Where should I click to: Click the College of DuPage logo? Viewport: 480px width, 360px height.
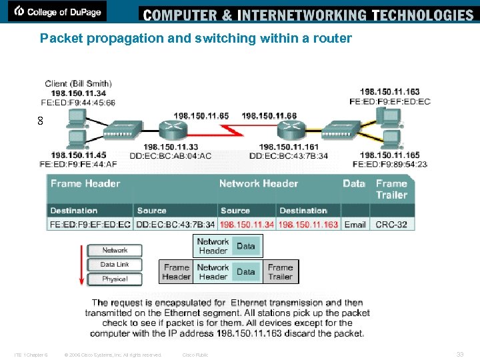(57, 11)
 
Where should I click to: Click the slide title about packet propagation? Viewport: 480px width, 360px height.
(195, 38)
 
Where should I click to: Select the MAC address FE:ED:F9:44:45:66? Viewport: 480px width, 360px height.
(77, 103)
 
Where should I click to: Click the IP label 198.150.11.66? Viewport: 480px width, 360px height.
(269, 116)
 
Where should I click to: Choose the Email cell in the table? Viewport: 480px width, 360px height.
(355, 225)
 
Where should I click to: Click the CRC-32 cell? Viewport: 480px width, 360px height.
(391, 225)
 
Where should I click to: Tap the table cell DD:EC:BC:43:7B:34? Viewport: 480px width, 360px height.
(176, 225)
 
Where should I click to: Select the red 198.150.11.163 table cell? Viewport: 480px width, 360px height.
(309, 225)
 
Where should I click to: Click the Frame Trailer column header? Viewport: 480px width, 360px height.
(391, 189)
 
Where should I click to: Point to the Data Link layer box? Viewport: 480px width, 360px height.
(115, 265)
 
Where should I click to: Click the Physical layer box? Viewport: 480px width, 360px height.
(115, 279)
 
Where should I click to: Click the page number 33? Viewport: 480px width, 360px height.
(459, 354)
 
